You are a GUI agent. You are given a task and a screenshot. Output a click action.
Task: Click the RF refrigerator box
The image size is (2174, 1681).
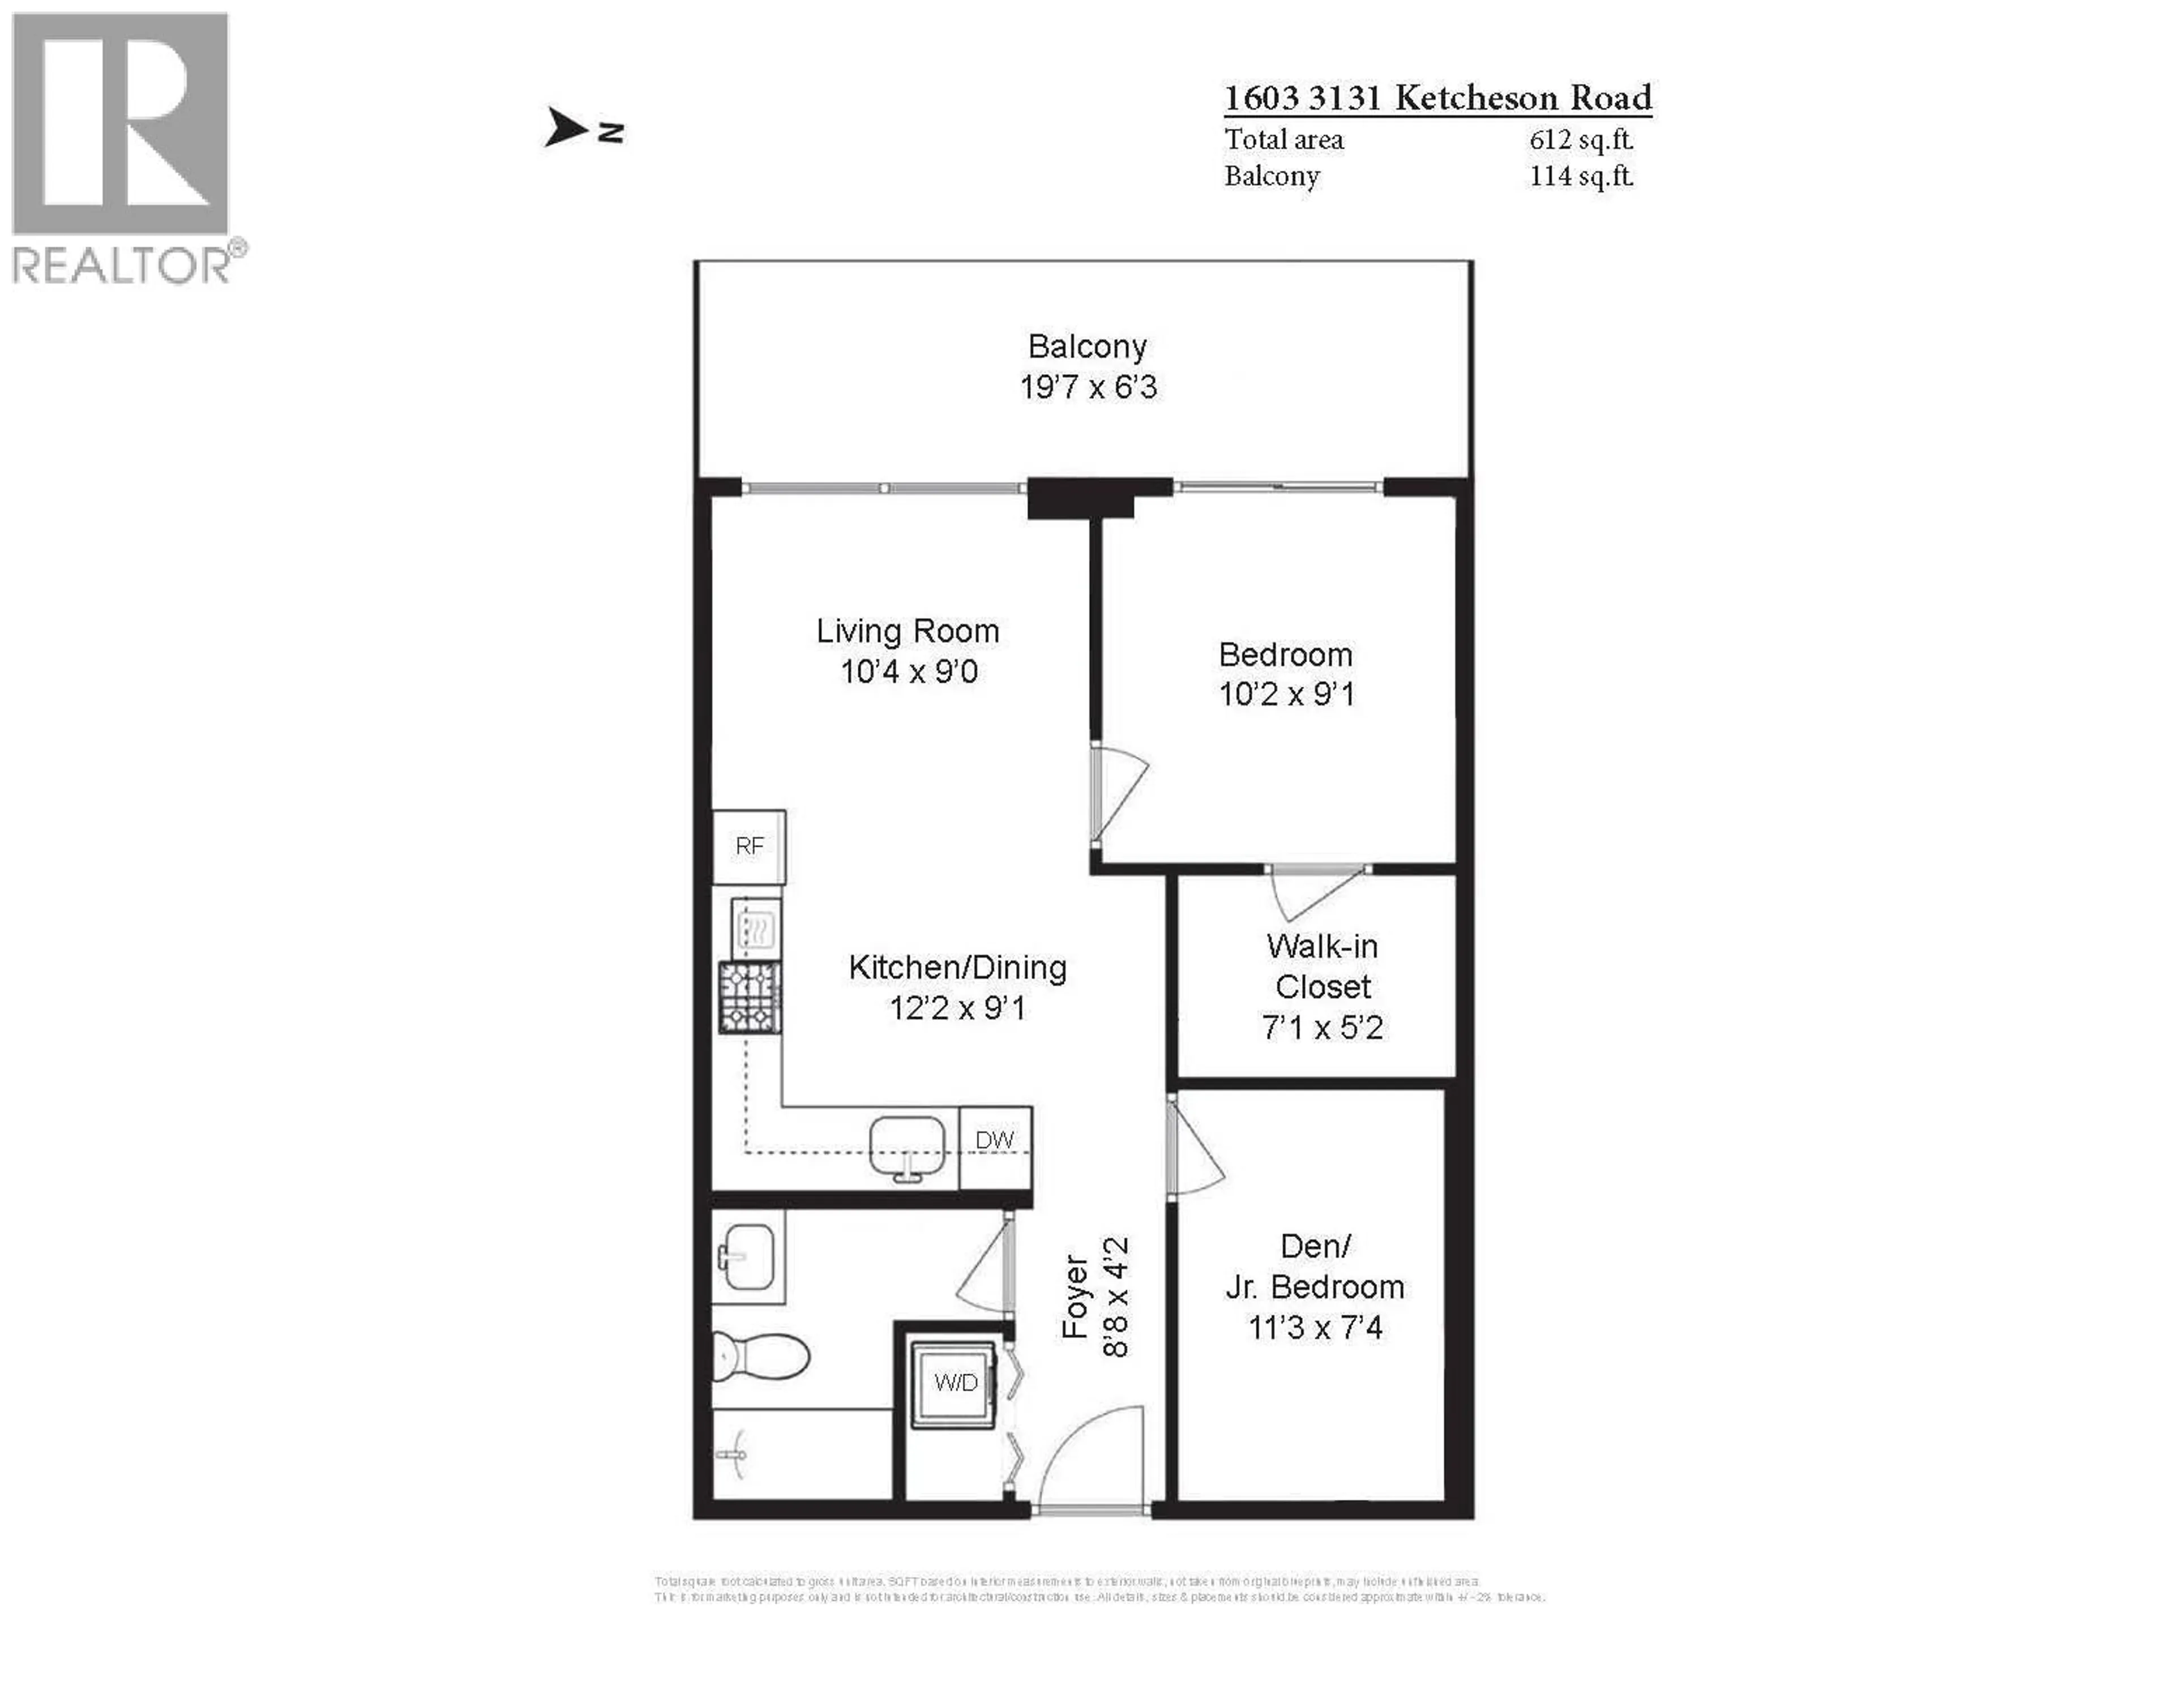point(748,846)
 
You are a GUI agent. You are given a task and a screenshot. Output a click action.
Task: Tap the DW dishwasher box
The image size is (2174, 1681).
point(994,1140)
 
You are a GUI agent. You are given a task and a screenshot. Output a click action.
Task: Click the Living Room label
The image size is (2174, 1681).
point(907,631)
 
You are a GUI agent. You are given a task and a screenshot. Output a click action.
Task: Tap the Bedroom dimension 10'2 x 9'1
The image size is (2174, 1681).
point(1286,694)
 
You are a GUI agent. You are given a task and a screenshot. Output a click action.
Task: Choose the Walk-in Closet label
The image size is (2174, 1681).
point(1322,966)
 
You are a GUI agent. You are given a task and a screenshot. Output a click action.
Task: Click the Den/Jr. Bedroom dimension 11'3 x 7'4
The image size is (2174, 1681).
point(1315,1328)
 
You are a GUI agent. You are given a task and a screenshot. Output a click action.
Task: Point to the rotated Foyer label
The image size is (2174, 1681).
point(1075,1297)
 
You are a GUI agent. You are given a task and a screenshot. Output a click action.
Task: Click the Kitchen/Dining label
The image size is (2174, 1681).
point(957,968)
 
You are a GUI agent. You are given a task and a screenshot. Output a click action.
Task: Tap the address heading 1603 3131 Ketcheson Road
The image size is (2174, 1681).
point(1436,97)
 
